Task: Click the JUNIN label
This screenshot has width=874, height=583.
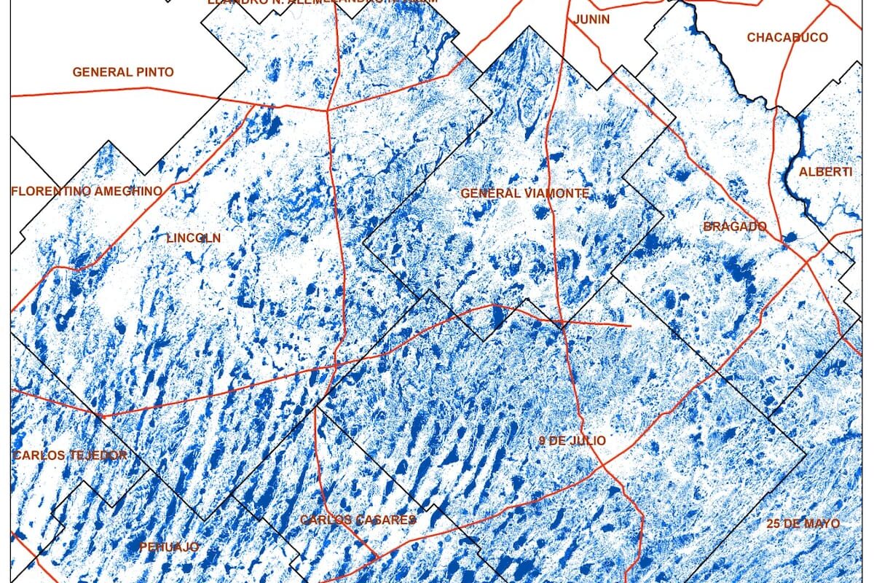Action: point(591,20)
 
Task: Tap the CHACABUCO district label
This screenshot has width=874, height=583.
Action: point(787,37)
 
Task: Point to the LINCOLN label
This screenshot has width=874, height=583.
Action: point(193,238)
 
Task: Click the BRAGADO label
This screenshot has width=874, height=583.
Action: point(735,227)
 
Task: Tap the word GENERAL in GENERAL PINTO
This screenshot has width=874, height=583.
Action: point(103,72)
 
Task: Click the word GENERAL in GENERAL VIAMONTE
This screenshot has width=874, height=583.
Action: point(491,193)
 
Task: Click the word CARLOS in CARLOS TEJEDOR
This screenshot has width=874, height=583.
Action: point(36,455)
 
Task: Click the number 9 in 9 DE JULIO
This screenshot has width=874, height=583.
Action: point(542,441)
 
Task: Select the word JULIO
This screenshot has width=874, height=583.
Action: point(588,441)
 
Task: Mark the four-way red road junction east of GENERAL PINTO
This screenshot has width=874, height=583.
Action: point(328,110)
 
